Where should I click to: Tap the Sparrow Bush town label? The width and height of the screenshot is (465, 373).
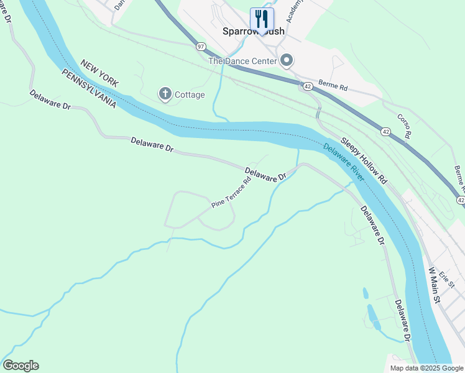click(253, 30)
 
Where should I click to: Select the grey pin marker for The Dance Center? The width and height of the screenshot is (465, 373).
click(287, 60)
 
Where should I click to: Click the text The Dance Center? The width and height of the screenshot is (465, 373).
click(242, 61)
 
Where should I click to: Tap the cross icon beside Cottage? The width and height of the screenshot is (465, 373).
click(165, 94)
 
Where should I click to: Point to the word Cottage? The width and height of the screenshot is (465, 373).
click(190, 95)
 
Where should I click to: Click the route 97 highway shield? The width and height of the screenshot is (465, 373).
click(200, 47)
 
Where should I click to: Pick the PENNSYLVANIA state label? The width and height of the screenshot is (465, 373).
click(89, 89)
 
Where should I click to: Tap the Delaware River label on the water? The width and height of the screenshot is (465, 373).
click(344, 162)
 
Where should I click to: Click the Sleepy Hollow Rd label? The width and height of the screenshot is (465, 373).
click(364, 160)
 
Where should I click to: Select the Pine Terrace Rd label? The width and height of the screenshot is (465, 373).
click(231, 192)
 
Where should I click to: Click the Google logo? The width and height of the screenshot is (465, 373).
click(21, 366)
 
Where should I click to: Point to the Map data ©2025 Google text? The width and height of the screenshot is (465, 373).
click(426, 368)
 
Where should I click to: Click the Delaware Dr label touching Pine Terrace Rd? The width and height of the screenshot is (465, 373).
click(265, 175)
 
